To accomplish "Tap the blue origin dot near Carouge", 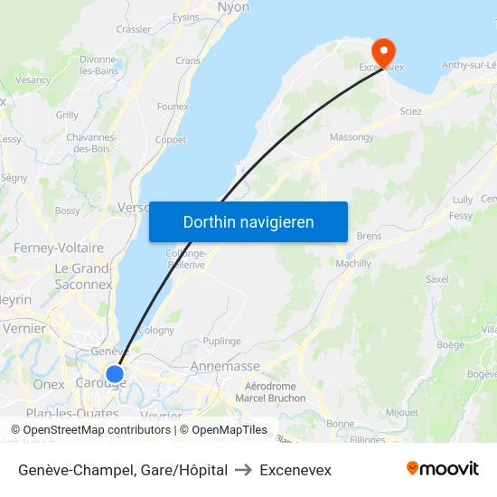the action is point(115,373).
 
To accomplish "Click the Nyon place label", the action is point(233,7).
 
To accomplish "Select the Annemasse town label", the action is point(225,366).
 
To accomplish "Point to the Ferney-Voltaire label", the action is point(58,248).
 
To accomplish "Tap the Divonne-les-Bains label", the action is point(99,65).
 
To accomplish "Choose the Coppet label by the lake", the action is point(170,140).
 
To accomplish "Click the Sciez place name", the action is point(410,111).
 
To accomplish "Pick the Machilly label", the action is point(352,263).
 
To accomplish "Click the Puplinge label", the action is point(221,341).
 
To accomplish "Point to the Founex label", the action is point(173,107).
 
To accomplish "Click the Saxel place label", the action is point(436,279).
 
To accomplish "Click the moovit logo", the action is point(443,469).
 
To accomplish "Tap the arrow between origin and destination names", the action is point(243,470).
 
